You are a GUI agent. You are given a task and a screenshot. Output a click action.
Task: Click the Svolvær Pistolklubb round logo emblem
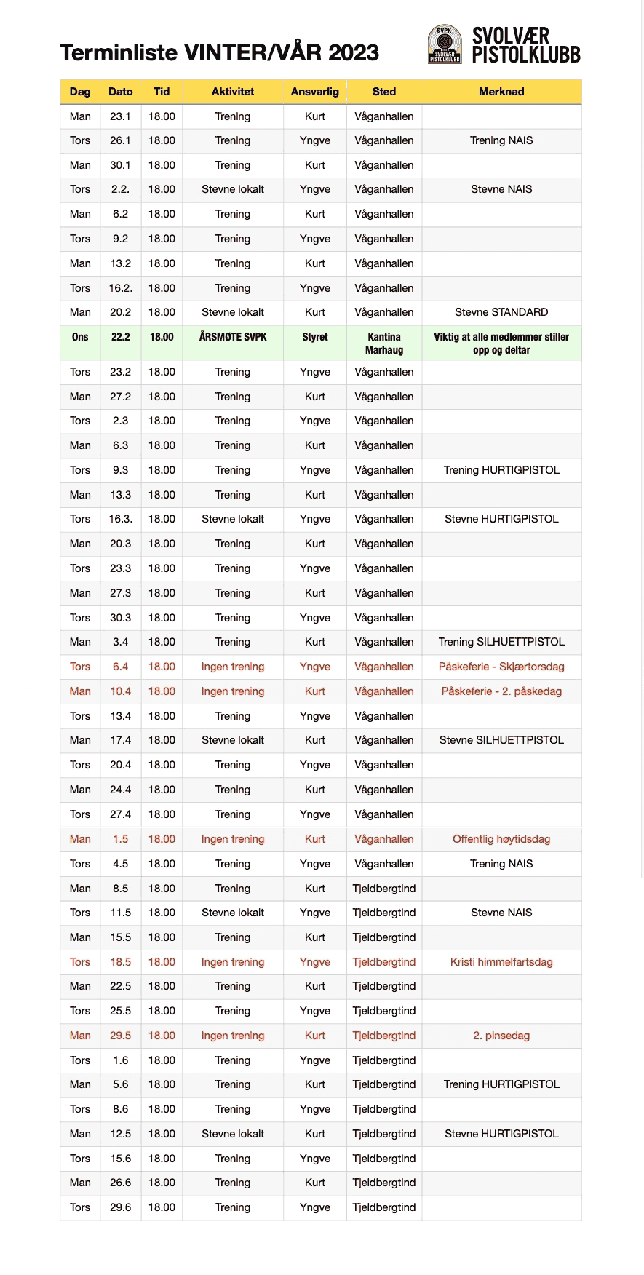pos(444,44)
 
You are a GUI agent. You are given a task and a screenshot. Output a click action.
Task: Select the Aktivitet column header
pos(233,92)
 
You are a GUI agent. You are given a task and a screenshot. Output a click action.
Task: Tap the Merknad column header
pos(501,92)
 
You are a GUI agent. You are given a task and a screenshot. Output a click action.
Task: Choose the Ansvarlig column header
pos(315,92)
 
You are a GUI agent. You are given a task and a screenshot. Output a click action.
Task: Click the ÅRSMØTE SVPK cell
pos(233,337)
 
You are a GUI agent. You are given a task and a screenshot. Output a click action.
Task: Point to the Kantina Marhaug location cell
pos(384,343)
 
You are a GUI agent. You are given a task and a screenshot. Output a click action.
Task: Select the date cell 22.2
pos(121,337)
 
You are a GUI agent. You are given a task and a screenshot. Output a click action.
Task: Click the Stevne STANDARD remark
pos(501,312)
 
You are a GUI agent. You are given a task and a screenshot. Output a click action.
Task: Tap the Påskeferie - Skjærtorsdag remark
pos(501,667)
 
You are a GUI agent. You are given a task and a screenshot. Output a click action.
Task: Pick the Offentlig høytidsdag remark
pos(501,839)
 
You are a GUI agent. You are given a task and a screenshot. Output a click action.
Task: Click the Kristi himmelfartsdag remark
pos(501,962)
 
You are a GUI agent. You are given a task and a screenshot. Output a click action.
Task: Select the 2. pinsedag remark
pos(501,1036)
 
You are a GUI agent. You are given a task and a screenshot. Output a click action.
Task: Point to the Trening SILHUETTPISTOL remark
pos(501,642)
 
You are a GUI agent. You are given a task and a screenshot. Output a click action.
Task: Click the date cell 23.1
pos(121,116)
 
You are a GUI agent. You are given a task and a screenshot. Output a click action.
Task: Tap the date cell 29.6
pos(121,1207)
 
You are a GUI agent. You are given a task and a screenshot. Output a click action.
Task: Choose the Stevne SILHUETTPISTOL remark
pos(501,740)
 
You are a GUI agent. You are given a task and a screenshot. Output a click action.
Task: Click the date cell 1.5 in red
pos(121,839)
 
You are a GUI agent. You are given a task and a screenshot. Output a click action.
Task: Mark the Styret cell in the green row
pos(315,337)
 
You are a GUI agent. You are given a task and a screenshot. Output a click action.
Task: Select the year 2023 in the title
pos(354,52)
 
